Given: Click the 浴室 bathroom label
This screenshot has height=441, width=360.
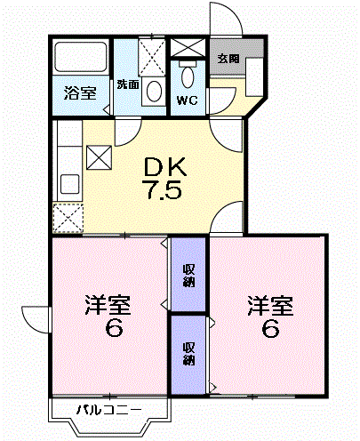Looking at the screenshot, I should pyautogui.click(x=80, y=92).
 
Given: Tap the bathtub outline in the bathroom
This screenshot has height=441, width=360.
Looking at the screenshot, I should pyautogui.click(x=80, y=60).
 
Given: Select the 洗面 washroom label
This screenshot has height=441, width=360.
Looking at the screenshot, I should pyautogui.click(x=127, y=85).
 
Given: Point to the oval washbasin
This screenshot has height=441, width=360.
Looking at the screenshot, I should pyautogui.click(x=153, y=92).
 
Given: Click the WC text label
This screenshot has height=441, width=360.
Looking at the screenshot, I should pyautogui.click(x=187, y=100).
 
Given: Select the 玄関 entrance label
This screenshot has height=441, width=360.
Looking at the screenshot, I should pyautogui.click(x=228, y=59).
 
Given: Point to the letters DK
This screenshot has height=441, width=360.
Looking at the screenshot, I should pyautogui.click(x=166, y=166).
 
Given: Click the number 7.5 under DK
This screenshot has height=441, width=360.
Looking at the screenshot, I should pyautogui.click(x=166, y=189).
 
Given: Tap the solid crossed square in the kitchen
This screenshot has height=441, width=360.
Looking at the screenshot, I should pyautogui.click(x=98, y=157).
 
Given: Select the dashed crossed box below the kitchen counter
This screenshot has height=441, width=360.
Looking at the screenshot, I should pyautogui.click(x=68, y=216).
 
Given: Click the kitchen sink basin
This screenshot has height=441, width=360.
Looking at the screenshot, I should pyautogui.click(x=68, y=185).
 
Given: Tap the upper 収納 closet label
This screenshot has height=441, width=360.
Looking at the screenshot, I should pyautogui.click(x=188, y=276).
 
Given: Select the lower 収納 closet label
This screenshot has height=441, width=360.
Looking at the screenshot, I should pyautogui.click(x=188, y=353).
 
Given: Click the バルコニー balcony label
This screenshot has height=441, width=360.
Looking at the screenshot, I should pyautogui.click(x=108, y=410).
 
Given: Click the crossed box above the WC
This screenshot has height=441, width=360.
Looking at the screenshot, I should pyautogui.click(x=187, y=48).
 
